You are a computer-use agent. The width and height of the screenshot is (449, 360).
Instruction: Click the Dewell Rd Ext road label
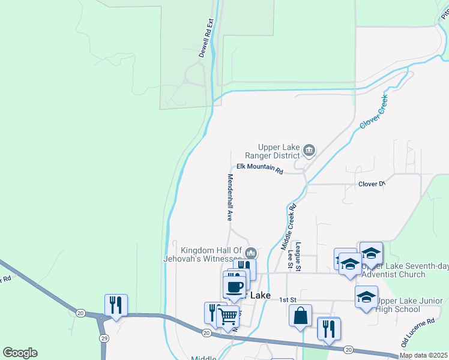[206, 38]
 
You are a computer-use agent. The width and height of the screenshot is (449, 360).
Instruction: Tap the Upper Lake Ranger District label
[279, 151]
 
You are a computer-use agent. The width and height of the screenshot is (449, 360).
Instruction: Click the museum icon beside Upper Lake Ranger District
[309, 150]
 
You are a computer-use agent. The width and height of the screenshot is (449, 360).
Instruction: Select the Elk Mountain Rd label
[259, 169]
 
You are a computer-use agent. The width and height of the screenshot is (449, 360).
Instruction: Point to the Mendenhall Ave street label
[229, 197]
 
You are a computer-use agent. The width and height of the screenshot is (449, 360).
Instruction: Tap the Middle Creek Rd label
[289, 227]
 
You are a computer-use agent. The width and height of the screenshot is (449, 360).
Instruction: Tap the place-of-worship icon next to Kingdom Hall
[252, 253]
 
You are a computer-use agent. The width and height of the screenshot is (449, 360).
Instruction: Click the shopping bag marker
[300, 314]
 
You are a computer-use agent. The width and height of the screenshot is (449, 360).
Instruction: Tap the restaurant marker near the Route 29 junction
[116, 304]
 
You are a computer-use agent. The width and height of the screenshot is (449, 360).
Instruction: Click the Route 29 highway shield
[104, 339]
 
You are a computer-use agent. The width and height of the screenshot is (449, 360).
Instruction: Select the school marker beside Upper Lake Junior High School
[366, 296]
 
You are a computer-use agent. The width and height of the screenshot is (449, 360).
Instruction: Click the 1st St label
[289, 299]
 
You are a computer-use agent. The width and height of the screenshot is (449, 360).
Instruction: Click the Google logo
[20, 353]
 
